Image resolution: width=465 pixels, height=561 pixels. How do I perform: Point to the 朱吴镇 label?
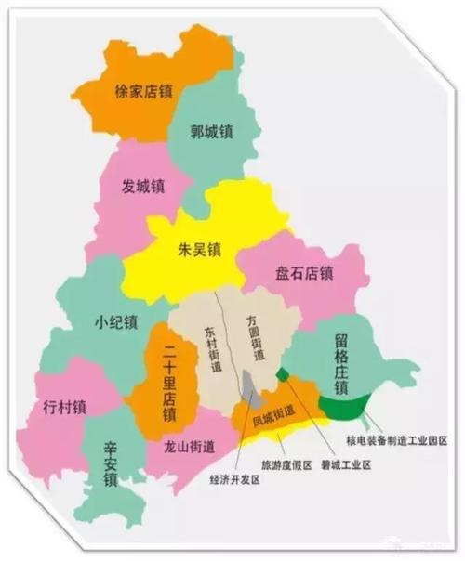click(x=200, y=249)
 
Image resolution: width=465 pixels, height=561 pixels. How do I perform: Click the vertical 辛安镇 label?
click(x=110, y=463)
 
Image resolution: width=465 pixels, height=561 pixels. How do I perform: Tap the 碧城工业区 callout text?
click(x=343, y=464)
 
